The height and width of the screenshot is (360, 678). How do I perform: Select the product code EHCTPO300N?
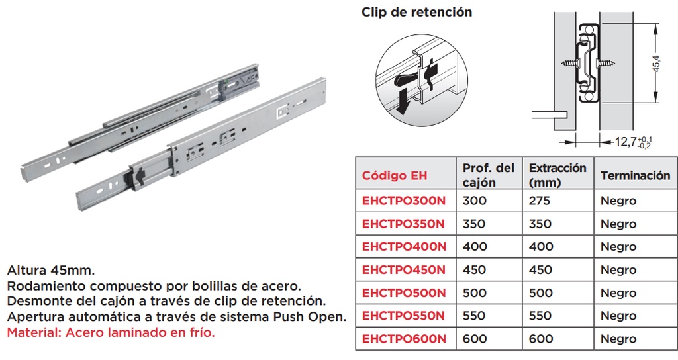[404, 201]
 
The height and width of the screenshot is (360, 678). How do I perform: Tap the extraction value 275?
[540, 201]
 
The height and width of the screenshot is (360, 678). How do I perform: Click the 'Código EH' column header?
[395, 175]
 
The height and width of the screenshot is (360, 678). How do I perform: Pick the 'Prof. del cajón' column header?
[488, 175]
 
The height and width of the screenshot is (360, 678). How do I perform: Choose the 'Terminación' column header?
[635, 175]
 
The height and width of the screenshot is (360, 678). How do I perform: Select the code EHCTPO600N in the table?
[404, 339]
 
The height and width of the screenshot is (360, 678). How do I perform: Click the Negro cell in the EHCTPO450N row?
[618, 270]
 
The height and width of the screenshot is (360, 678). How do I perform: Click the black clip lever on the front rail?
[140, 177]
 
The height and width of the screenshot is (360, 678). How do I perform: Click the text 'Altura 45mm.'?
[50, 271]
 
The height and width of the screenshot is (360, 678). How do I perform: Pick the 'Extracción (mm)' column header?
[557, 175]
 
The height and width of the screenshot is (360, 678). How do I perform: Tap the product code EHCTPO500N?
[404, 293]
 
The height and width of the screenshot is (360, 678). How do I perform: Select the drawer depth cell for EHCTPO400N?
[475, 247]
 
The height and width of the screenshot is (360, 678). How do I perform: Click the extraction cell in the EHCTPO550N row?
[540, 316]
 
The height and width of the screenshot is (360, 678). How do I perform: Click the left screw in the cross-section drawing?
[570, 63]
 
